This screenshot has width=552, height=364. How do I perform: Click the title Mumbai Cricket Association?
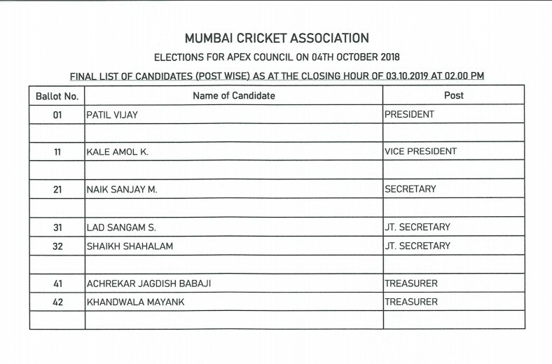click(276, 38)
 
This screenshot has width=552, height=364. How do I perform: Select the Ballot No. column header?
click(57, 95)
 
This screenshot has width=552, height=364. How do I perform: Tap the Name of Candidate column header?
click(234, 95)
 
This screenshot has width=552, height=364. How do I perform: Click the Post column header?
click(453, 95)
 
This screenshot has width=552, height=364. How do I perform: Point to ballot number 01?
click(57, 114)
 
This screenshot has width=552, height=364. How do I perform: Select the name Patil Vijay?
click(111, 114)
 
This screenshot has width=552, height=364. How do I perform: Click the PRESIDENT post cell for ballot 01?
click(409, 114)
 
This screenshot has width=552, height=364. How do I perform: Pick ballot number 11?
click(57, 152)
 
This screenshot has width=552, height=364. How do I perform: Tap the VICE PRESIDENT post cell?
click(420, 152)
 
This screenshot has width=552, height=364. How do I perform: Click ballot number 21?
click(57, 189)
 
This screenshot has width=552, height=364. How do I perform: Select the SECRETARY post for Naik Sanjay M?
click(410, 189)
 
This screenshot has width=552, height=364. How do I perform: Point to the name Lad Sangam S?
click(118, 227)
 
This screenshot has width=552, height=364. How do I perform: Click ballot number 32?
click(57, 246)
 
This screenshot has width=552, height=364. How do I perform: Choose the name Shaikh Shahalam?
click(130, 246)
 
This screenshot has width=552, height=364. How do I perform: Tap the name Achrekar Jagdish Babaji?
click(148, 283)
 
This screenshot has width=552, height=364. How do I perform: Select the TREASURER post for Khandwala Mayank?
click(411, 302)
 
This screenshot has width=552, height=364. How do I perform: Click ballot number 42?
click(57, 302)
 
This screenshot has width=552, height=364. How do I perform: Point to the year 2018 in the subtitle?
click(387, 56)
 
